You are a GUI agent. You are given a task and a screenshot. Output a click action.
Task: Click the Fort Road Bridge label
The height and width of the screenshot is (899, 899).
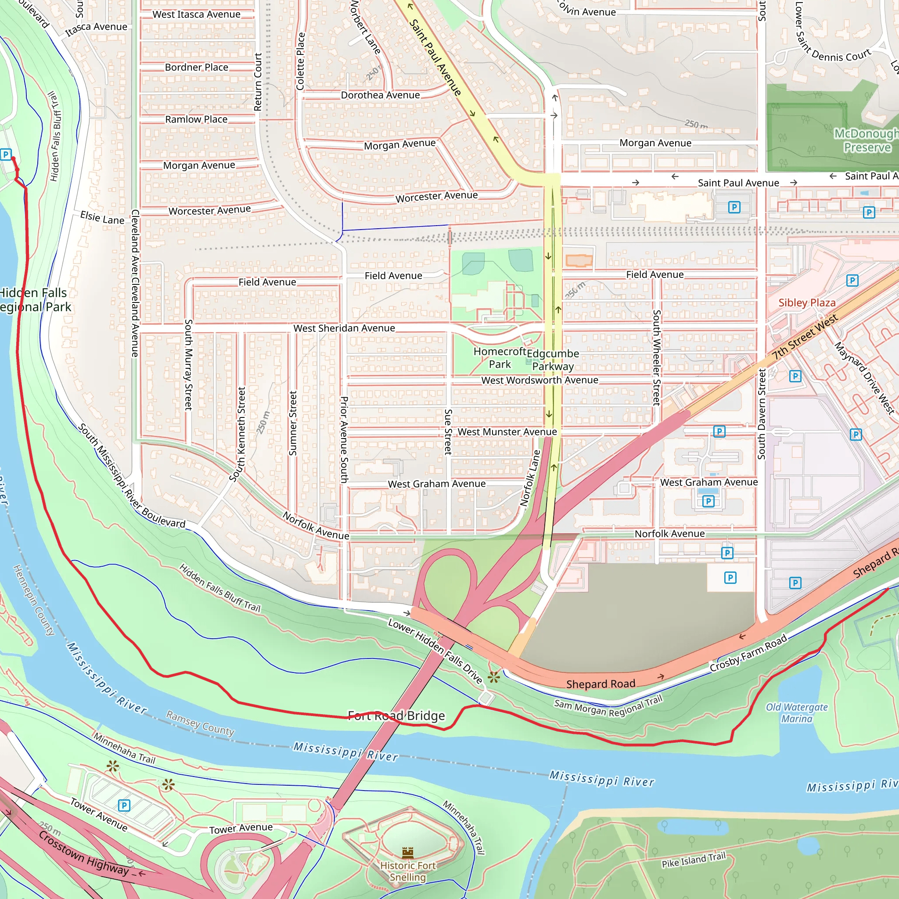tap(396, 716)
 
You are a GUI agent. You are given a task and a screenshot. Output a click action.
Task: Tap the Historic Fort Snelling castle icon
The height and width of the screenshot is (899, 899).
tap(408, 852)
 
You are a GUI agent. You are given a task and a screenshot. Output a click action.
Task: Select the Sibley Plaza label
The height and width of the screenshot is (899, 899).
tap(807, 302)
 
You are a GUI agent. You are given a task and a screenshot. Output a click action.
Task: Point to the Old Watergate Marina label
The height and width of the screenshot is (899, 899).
tap(797, 713)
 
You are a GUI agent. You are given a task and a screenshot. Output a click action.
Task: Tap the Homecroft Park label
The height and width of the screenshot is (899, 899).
tap(500, 358)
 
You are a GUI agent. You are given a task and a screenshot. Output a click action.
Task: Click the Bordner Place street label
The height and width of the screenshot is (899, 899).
tap(196, 68)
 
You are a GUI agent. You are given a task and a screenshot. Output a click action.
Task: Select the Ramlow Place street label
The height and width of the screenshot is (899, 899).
tap(196, 119)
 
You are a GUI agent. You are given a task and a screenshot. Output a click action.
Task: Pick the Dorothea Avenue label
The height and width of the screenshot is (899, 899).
tap(380, 95)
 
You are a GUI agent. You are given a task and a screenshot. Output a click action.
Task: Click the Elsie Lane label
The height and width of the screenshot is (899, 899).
tap(102, 217)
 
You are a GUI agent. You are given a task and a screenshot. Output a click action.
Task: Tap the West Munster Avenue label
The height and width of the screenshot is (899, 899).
tap(507, 432)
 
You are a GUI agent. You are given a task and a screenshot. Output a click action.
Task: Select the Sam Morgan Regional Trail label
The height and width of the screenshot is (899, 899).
tap(608, 706)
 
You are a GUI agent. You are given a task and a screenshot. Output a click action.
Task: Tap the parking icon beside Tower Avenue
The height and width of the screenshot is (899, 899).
tap(124, 806)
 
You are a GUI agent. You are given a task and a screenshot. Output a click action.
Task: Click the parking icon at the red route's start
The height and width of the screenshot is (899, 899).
tap(6, 154)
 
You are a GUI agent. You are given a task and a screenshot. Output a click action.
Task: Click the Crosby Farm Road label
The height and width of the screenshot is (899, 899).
tap(748, 653)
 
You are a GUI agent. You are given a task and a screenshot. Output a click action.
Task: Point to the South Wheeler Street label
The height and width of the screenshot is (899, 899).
tap(657, 357)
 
